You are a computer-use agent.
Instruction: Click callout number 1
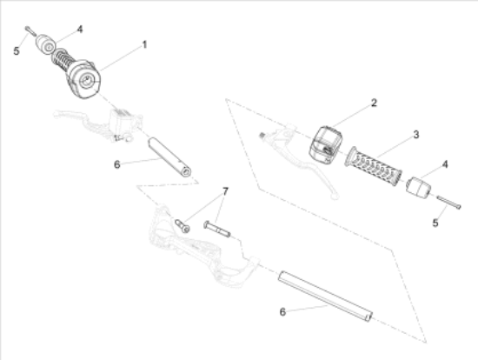[x=144, y=45]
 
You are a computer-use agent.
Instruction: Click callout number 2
[x=374, y=103]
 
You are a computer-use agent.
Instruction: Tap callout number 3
[x=416, y=135]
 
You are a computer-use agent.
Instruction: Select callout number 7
[x=225, y=191]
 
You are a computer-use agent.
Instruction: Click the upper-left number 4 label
[x=80, y=30]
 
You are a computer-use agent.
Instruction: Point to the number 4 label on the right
[x=445, y=164]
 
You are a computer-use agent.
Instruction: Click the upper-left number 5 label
[x=17, y=51]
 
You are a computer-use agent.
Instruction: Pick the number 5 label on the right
[x=435, y=223]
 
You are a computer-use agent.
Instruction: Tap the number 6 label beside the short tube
[x=117, y=164]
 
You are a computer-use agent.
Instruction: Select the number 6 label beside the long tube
[x=282, y=312]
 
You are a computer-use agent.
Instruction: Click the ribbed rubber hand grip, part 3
[x=373, y=166]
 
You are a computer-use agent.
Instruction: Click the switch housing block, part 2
[x=326, y=143]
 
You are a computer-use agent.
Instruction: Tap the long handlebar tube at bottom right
[x=325, y=296]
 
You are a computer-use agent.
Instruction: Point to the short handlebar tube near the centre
[x=169, y=157]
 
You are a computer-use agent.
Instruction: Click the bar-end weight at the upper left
[x=46, y=44]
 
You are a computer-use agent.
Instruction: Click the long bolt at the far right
[x=448, y=203]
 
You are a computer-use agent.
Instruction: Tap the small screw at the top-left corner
[x=30, y=30]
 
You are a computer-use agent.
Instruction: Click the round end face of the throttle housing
[x=88, y=82]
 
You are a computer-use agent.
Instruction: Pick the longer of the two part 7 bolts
[x=217, y=230]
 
